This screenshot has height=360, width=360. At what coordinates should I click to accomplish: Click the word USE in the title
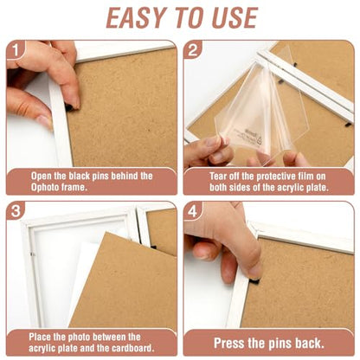235,18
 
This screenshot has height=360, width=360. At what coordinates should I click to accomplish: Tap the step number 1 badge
16,50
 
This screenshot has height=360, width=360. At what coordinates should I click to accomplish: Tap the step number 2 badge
192,49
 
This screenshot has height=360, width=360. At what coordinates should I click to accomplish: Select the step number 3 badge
16,211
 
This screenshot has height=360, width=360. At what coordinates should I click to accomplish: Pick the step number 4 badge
192,211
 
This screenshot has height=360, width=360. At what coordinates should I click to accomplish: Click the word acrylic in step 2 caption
289,188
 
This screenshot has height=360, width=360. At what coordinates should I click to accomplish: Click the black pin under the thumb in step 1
69,107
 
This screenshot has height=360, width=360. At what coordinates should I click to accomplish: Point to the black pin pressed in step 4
254,280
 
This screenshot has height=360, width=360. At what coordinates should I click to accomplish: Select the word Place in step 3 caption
40,337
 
